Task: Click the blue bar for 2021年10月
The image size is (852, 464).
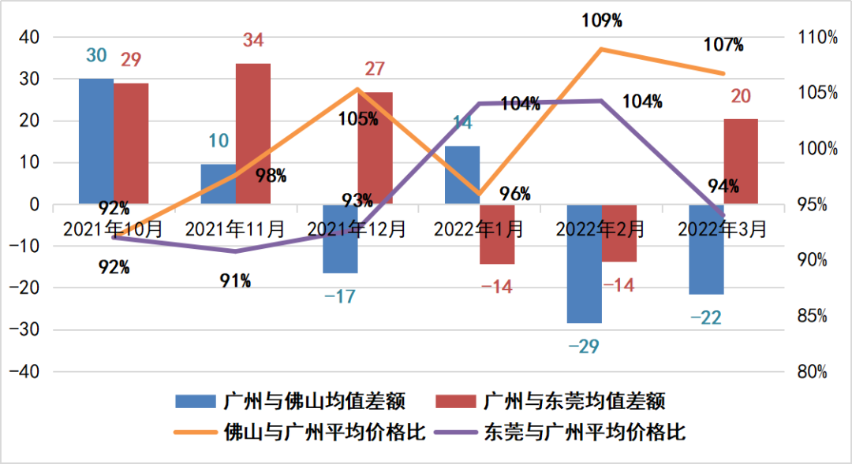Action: pos(96,141)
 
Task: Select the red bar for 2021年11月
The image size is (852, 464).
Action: pos(253,134)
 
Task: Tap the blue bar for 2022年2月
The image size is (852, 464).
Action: pos(584,264)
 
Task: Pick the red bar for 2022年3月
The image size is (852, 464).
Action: pos(741,161)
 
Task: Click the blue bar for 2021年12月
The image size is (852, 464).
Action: pos(340,239)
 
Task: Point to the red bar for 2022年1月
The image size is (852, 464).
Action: pos(497,235)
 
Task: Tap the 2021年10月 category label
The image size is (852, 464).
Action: pos(113,229)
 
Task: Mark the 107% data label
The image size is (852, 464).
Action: pos(724,45)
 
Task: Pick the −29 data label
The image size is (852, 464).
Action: pos(584,345)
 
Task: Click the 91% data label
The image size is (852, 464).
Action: pos(235,280)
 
